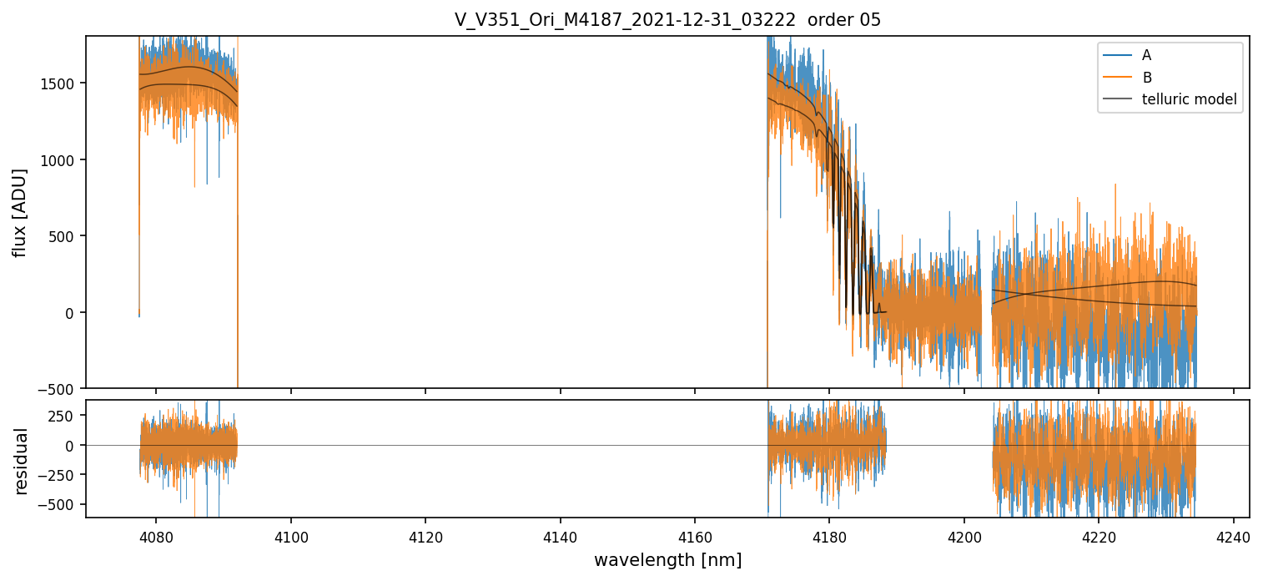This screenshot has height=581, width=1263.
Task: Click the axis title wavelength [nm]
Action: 667,560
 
